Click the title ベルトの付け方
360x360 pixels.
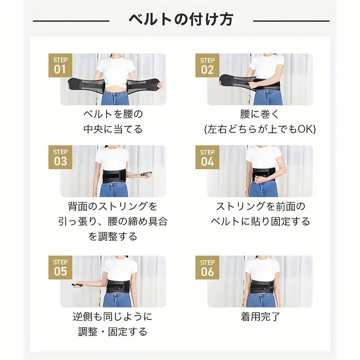[x=181, y=20]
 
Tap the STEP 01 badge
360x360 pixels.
[x=60, y=66]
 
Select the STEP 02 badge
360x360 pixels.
[x=207, y=66]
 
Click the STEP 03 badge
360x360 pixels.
[x=60, y=157]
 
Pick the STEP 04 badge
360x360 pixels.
[x=207, y=157]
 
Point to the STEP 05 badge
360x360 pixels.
[x=60, y=268]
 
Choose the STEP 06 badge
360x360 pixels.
[x=207, y=268]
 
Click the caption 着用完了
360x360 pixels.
[x=260, y=317]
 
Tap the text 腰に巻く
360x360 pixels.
[x=260, y=114]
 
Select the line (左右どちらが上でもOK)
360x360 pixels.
[x=260, y=130]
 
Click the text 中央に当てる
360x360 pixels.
[x=113, y=130]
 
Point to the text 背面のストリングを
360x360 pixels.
[x=113, y=207]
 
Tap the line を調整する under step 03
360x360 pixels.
[x=113, y=236]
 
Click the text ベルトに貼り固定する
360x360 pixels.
[x=260, y=221]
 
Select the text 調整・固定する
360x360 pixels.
[x=113, y=332]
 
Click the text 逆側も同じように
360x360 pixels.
[x=113, y=317]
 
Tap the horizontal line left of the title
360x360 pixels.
[x=71, y=21]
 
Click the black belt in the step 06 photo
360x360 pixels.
[x=264, y=286]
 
